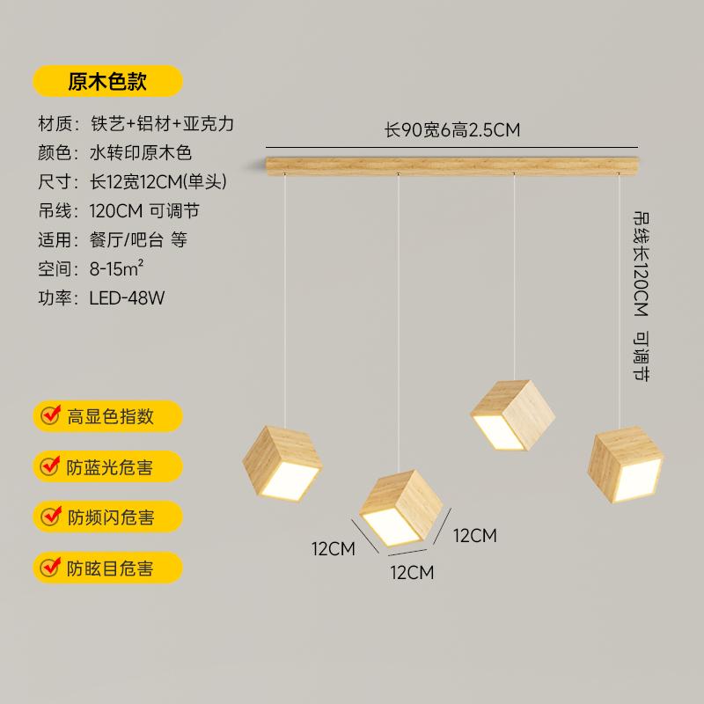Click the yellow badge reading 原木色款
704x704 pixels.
[x=107, y=81]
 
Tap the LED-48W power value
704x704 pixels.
[x=127, y=298]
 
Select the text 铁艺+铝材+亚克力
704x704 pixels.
[x=162, y=123]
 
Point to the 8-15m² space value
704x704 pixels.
[x=116, y=268]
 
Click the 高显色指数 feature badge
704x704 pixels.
[x=107, y=416]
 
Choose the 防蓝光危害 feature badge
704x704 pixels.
[x=107, y=466]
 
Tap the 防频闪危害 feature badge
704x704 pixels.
[x=107, y=517]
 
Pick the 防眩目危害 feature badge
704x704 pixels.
[x=107, y=568]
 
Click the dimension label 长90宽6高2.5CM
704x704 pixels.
[x=452, y=130]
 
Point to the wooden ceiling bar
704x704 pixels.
[x=452, y=165]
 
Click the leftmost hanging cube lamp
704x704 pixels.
[x=282, y=464]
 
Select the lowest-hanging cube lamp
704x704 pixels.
[x=401, y=508]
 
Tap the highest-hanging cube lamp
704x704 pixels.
[x=513, y=415]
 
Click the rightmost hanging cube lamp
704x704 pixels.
[x=626, y=465]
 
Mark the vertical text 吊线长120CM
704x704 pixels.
[x=642, y=264]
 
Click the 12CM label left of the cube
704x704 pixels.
[x=334, y=548]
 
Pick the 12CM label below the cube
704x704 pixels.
[x=412, y=573]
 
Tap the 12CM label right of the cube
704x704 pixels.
[x=475, y=536]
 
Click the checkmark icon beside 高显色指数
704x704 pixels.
[x=50, y=415]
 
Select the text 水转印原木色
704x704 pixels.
[x=141, y=152]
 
